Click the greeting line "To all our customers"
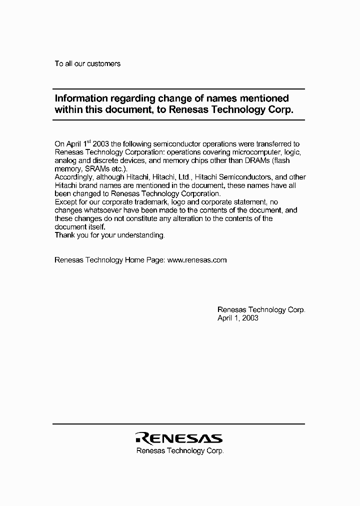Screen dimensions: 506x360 pyautogui.click(x=87, y=64)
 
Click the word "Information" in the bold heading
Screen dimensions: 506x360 pyautogui.click(x=79, y=98)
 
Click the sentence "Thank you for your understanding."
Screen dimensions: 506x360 pyautogui.click(x=109, y=235)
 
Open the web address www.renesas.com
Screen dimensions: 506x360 pyautogui.click(x=197, y=260)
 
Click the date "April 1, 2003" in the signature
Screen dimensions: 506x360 pyautogui.click(x=238, y=318)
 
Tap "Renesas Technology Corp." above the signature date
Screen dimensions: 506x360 pyautogui.click(x=261, y=310)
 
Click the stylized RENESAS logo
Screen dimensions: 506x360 pyautogui.click(x=178, y=438)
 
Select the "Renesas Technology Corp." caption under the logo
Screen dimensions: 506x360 pyautogui.click(x=180, y=451)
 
